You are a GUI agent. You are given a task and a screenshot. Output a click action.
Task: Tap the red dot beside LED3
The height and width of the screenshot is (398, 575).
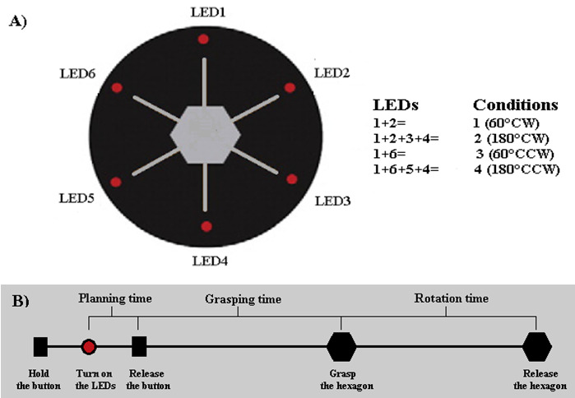pos(290,178)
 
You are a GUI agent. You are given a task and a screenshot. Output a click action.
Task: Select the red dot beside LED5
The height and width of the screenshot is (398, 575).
pos(116,181)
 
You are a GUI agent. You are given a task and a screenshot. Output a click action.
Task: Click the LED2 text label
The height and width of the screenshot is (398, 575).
pos(333,74)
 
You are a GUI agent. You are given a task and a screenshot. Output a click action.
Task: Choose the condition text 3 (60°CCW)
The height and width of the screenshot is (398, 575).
pos(516,154)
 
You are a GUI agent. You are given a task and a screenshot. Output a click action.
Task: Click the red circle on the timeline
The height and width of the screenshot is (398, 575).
pos(90,347)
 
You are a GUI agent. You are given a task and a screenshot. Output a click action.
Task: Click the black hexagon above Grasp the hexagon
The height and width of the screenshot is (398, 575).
pos(341,347)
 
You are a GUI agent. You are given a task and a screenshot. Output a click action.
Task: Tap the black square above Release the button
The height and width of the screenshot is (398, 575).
pos(138,347)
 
